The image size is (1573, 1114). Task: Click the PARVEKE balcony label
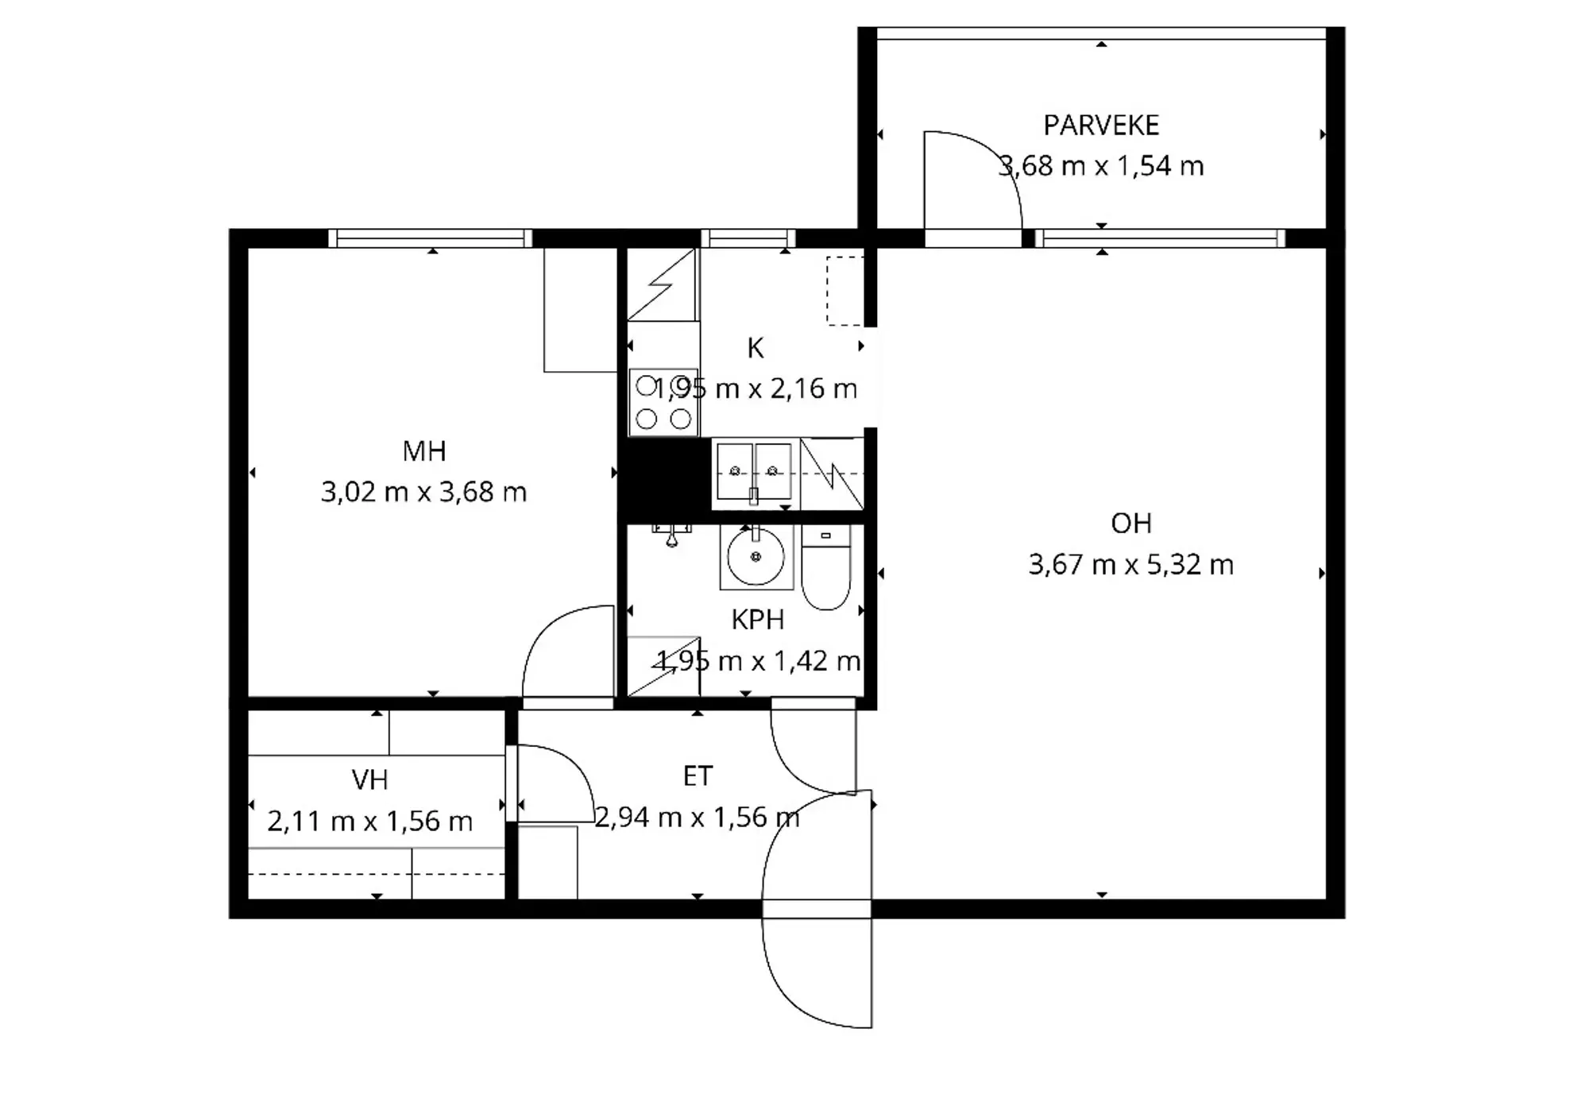(x=1101, y=126)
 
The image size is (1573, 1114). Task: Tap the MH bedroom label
(x=424, y=451)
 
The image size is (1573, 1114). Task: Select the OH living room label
(x=1131, y=524)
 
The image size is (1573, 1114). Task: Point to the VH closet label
(x=369, y=780)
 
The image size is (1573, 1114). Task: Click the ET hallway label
(x=698, y=776)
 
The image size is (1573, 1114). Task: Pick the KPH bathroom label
(x=758, y=620)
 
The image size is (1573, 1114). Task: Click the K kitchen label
(x=756, y=348)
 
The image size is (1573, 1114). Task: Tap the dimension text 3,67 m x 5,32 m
(x=1131, y=565)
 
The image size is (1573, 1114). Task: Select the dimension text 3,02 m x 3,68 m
(x=424, y=493)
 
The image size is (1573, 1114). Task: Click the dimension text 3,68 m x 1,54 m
(x=1101, y=166)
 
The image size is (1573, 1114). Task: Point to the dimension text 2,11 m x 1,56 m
(x=369, y=821)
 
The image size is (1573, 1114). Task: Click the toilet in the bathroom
(x=826, y=567)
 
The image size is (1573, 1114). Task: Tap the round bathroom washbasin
(x=756, y=557)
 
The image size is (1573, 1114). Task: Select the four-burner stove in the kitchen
(x=663, y=402)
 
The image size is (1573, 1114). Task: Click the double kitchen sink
(x=754, y=472)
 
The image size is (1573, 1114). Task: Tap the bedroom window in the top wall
(x=431, y=238)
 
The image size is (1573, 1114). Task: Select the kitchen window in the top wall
(x=748, y=238)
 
